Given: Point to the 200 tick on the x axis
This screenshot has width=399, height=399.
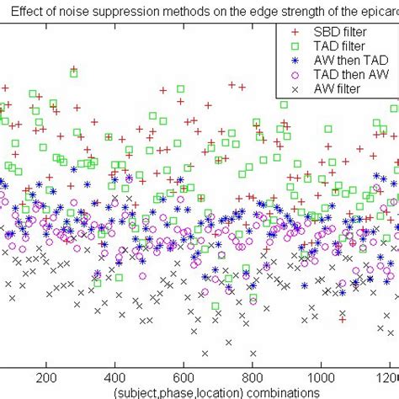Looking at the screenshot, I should (45, 378).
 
